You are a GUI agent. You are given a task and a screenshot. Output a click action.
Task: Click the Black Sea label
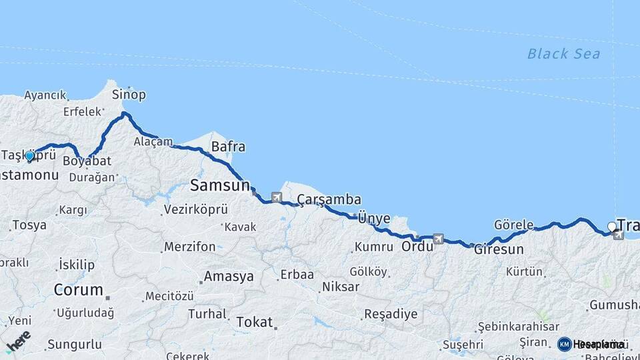pyautogui.click(x=563, y=54)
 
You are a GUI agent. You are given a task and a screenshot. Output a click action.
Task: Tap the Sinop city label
pyautogui.click(x=129, y=94)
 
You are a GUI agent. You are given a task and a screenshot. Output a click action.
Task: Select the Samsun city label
pyautogui.click(x=219, y=184)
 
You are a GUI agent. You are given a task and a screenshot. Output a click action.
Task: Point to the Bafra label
pyautogui.click(x=228, y=147)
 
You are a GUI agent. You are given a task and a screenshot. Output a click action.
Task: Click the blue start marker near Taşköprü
pyautogui.click(x=30, y=156)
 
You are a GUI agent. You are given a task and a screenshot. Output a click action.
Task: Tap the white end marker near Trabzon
pyautogui.click(x=611, y=227)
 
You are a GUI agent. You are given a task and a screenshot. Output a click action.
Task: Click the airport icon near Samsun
pyautogui.click(x=276, y=197)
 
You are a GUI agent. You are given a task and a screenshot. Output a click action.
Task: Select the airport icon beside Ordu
pyautogui.click(x=438, y=239)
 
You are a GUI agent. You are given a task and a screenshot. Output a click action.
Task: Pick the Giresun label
pyautogui.click(x=499, y=251)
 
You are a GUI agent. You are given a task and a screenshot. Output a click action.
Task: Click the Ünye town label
pyautogui.click(x=373, y=217)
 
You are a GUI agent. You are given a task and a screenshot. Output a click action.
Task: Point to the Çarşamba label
pyautogui.click(x=329, y=199)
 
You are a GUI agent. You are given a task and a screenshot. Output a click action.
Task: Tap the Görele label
pyautogui.click(x=514, y=225)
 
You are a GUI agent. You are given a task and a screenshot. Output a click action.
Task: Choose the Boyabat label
pyautogui.click(x=87, y=161)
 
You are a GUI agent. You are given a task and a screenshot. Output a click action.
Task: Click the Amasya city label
pyautogui.click(x=229, y=276)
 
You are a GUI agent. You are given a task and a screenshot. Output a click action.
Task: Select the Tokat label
pyautogui.click(x=255, y=322)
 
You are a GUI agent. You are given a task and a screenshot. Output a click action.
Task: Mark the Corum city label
pyautogui.click(x=78, y=290)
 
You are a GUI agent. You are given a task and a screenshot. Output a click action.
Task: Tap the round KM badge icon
pyautogui.click(x=565, y=344)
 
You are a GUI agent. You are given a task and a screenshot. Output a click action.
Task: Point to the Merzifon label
pyautogui.click(x=190, y=247)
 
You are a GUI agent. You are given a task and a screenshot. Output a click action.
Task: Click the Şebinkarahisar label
pyautogui.click(x=517, y=327)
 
